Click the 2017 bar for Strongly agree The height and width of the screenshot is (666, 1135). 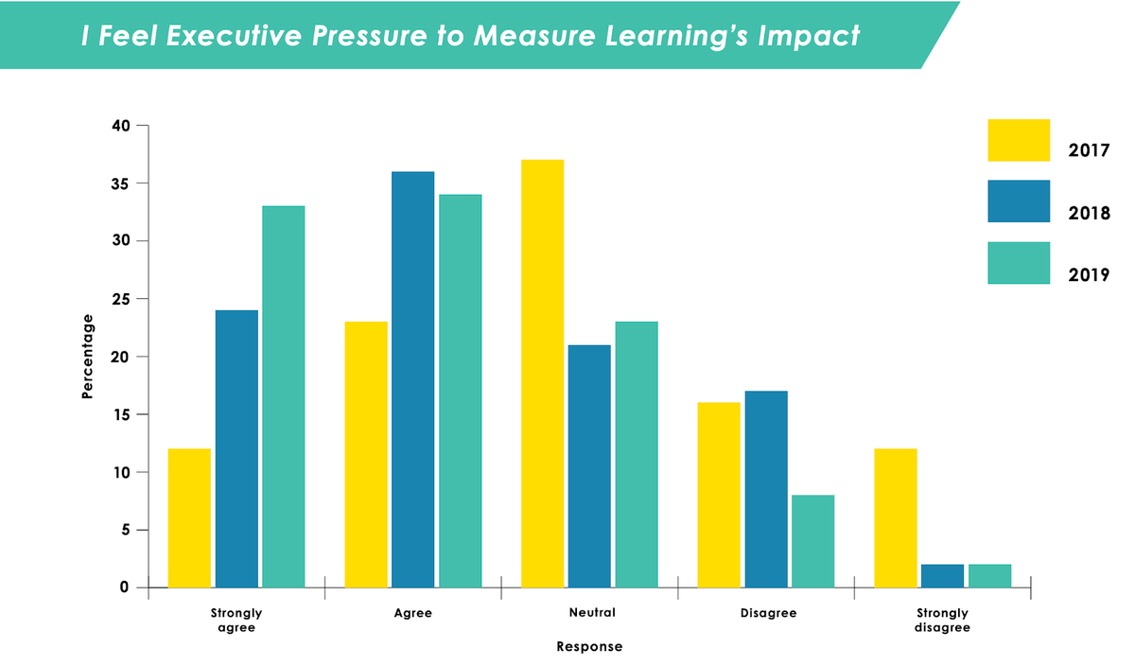pos(189,517)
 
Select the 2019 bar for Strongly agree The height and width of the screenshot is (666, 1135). pos(284,396)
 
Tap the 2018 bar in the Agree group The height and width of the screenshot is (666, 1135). pos(413,379)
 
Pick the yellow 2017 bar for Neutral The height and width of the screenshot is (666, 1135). pos(542,374)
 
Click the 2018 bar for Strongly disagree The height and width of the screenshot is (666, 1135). pos(942,576)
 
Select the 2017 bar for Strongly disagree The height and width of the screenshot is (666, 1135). pos(895,517)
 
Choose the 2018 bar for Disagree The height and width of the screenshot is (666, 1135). pos(766,489)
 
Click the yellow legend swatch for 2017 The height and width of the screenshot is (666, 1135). pos(1019,140)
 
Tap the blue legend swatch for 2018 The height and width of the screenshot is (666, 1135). pos(1019,202)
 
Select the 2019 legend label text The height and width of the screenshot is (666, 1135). pos(1089,275)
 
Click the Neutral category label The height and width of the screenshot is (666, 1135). pos(592,613)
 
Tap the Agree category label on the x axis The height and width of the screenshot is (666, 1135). pos(413,613)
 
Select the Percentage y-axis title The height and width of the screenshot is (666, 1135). pos(87,356)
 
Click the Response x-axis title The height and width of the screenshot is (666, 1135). pos(589,647)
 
